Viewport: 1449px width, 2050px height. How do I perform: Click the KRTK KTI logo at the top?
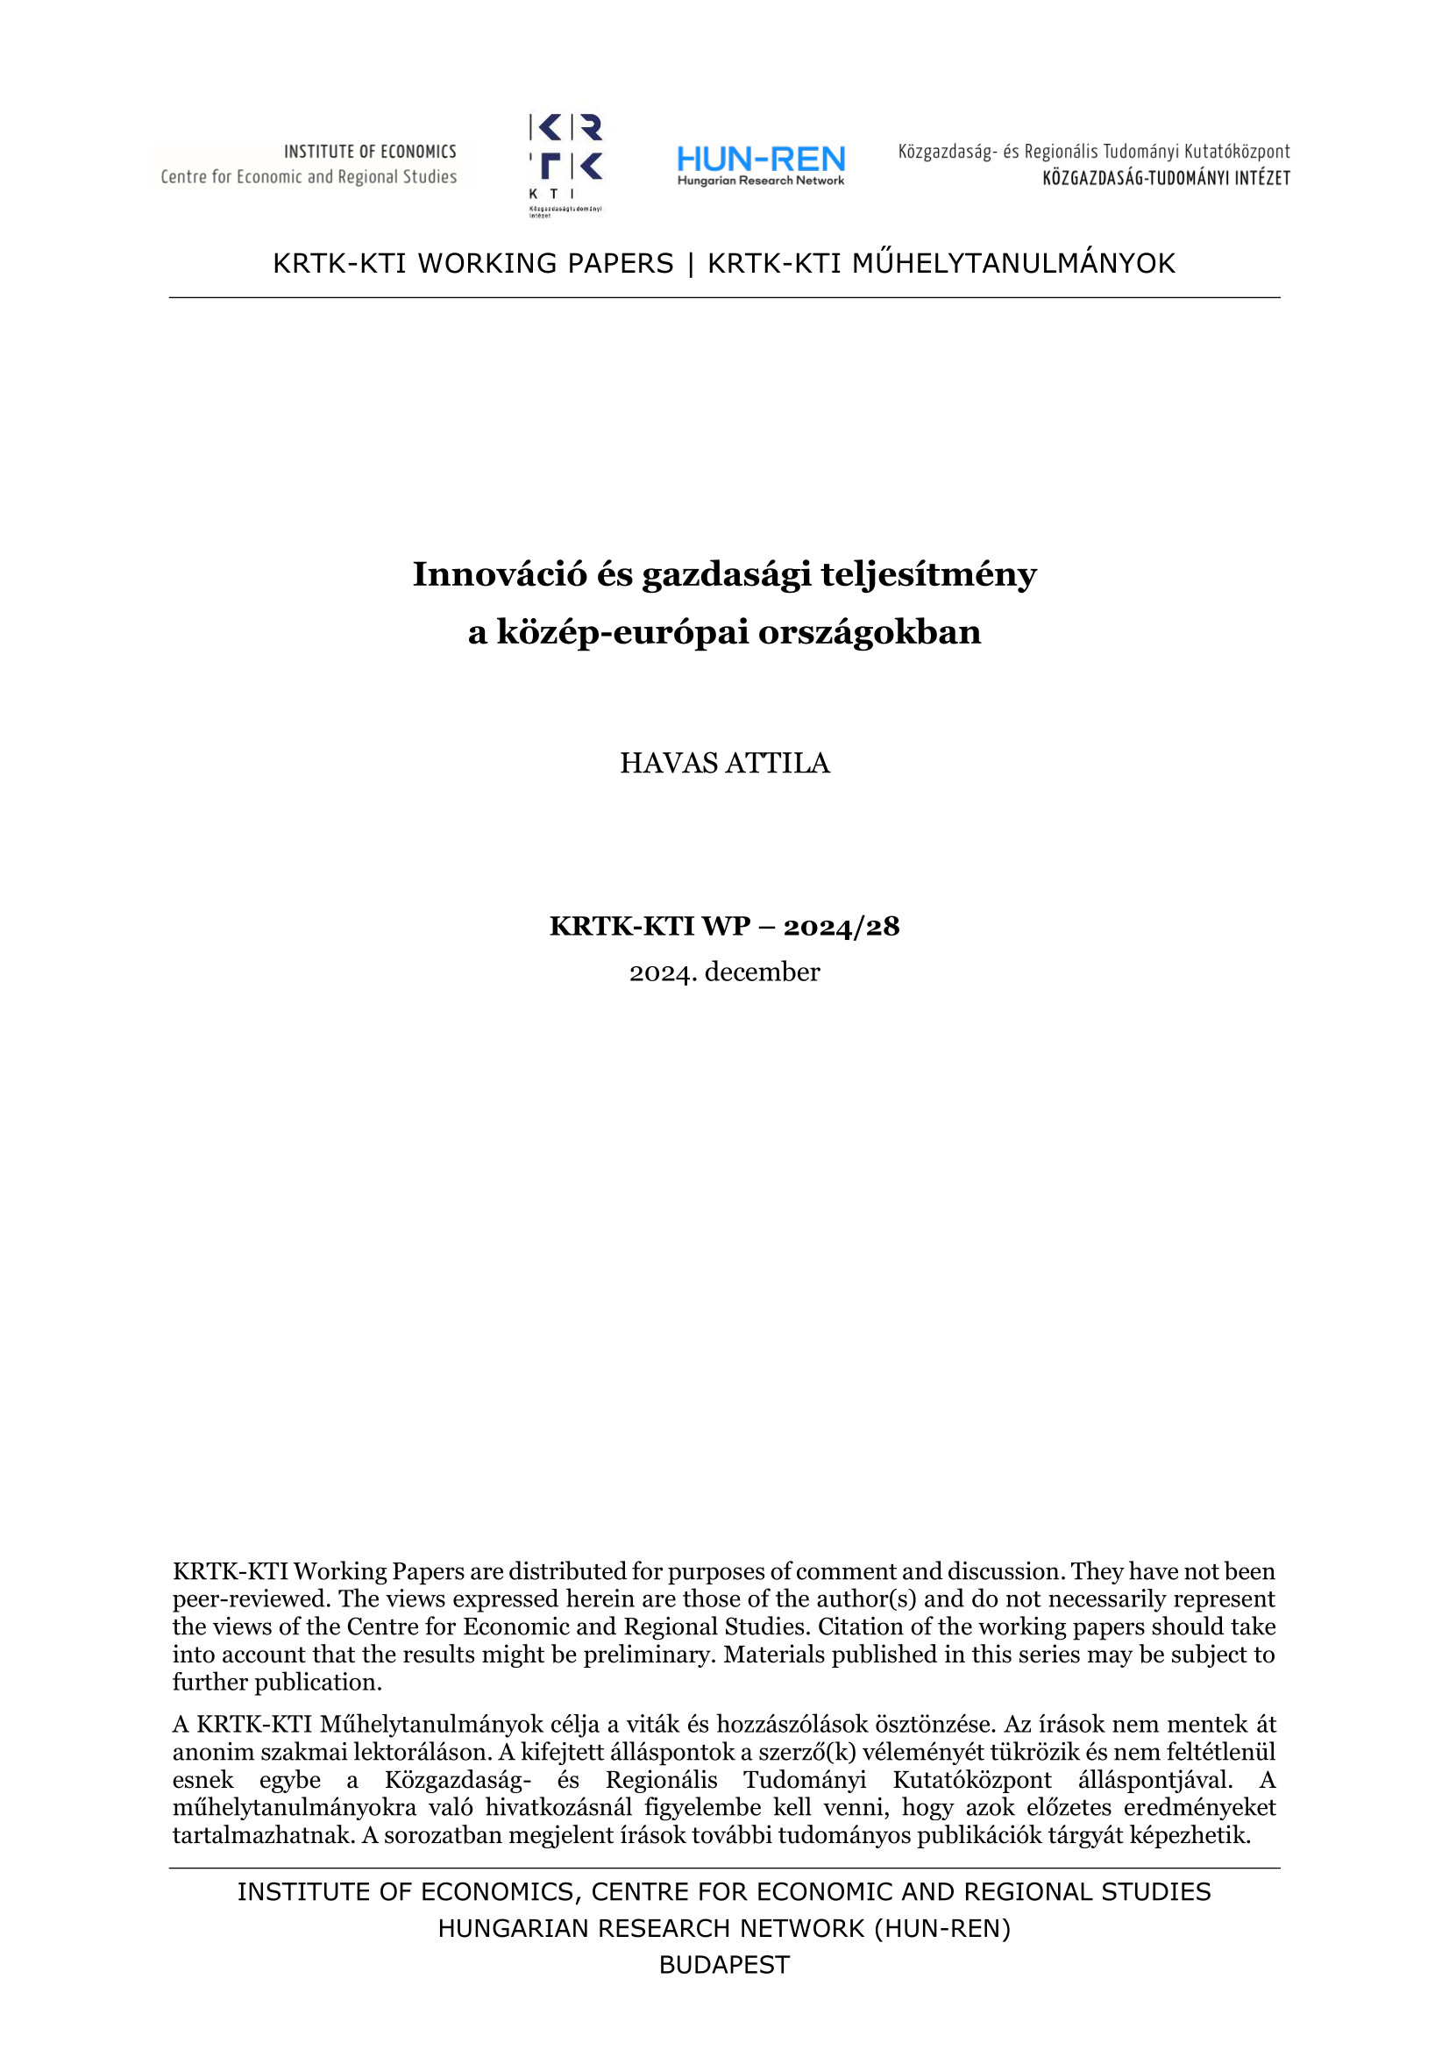tap(566, 160)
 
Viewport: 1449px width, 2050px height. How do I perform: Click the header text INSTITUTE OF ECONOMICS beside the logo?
tap(370, 152)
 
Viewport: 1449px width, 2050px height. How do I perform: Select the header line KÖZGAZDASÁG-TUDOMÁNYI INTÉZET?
tap(1166, 179)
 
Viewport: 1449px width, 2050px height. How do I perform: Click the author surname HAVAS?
tap(669, 764)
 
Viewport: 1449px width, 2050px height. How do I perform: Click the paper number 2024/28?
tap(841, 927)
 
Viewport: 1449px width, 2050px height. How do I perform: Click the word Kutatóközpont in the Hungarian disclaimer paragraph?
tap(972, 1779)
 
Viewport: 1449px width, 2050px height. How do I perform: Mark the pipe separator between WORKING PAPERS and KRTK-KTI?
tap(690, 263)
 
